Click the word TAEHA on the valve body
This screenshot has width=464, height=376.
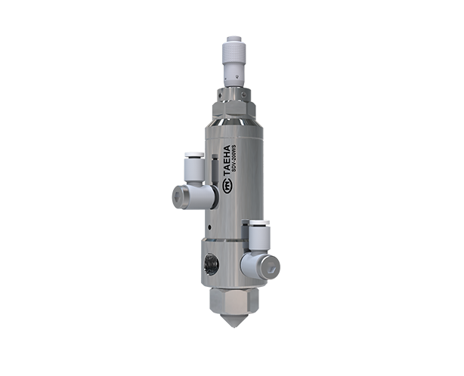(227, 162)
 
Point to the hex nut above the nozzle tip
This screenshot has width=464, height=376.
(234, 301)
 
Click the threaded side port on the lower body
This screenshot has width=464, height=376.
(212, 264)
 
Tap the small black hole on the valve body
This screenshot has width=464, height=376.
(209, 227)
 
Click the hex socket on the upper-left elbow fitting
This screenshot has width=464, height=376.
(178, 197)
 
